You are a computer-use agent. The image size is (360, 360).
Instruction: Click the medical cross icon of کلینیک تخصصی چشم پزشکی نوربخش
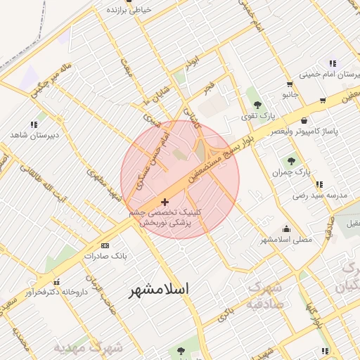[x=165, y=202]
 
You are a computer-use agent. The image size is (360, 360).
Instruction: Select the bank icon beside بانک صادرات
[x=105, y=245]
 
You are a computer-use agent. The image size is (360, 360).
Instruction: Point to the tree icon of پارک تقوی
[x=257, y=104]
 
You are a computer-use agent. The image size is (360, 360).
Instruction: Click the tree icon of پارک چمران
[x=291, y=161]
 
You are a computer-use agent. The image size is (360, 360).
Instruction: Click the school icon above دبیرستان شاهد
[x=34, y=124]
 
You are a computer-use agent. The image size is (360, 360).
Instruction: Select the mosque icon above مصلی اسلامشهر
[x=286, y=229]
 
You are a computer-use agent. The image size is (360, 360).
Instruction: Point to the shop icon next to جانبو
[x=322, y=101]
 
